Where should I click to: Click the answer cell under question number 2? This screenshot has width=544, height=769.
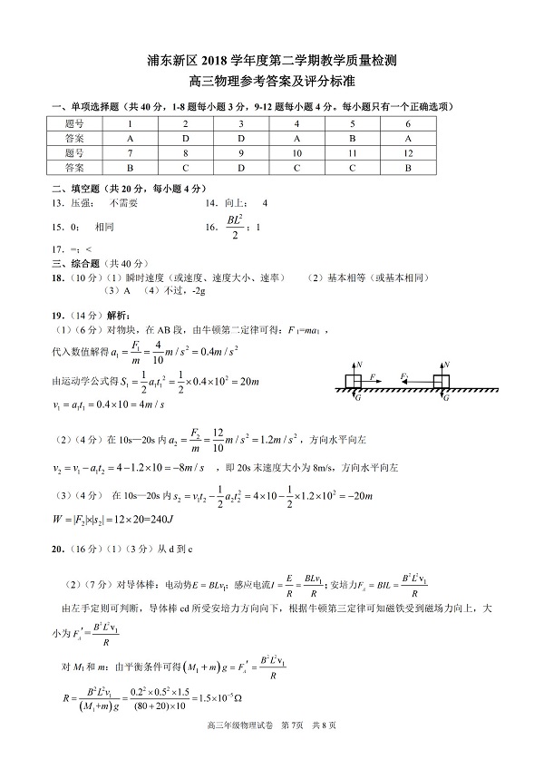coord(185,138)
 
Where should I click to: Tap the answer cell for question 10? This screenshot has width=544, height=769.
coord(296,168)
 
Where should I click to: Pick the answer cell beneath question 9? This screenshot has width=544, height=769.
coord(241,168)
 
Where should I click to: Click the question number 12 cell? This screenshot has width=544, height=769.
coord(408,153)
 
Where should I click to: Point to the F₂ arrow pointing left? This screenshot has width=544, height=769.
coord(406,377)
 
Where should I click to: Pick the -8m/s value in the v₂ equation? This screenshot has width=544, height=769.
coord(189,467)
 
